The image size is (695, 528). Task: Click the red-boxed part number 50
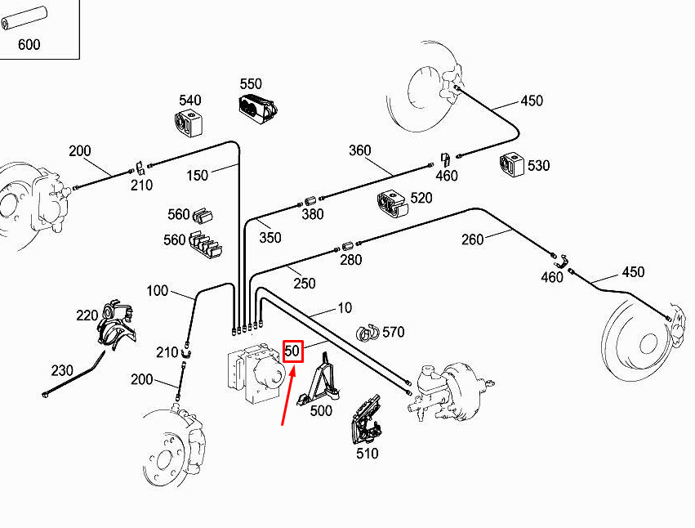click(x=293, y=351)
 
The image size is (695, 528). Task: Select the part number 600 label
click(x=29, y=45)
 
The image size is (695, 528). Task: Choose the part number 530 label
click(x=538, y=166)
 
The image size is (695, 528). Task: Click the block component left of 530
click(x=512, y=165)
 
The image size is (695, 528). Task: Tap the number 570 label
click(x=394, y=332)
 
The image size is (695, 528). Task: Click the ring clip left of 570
click(x=368, y=332)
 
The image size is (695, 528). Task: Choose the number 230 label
click(x=62, y=370)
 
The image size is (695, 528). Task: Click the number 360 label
click(x=359, y=150)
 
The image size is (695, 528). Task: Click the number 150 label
click(x=197, y=175)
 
